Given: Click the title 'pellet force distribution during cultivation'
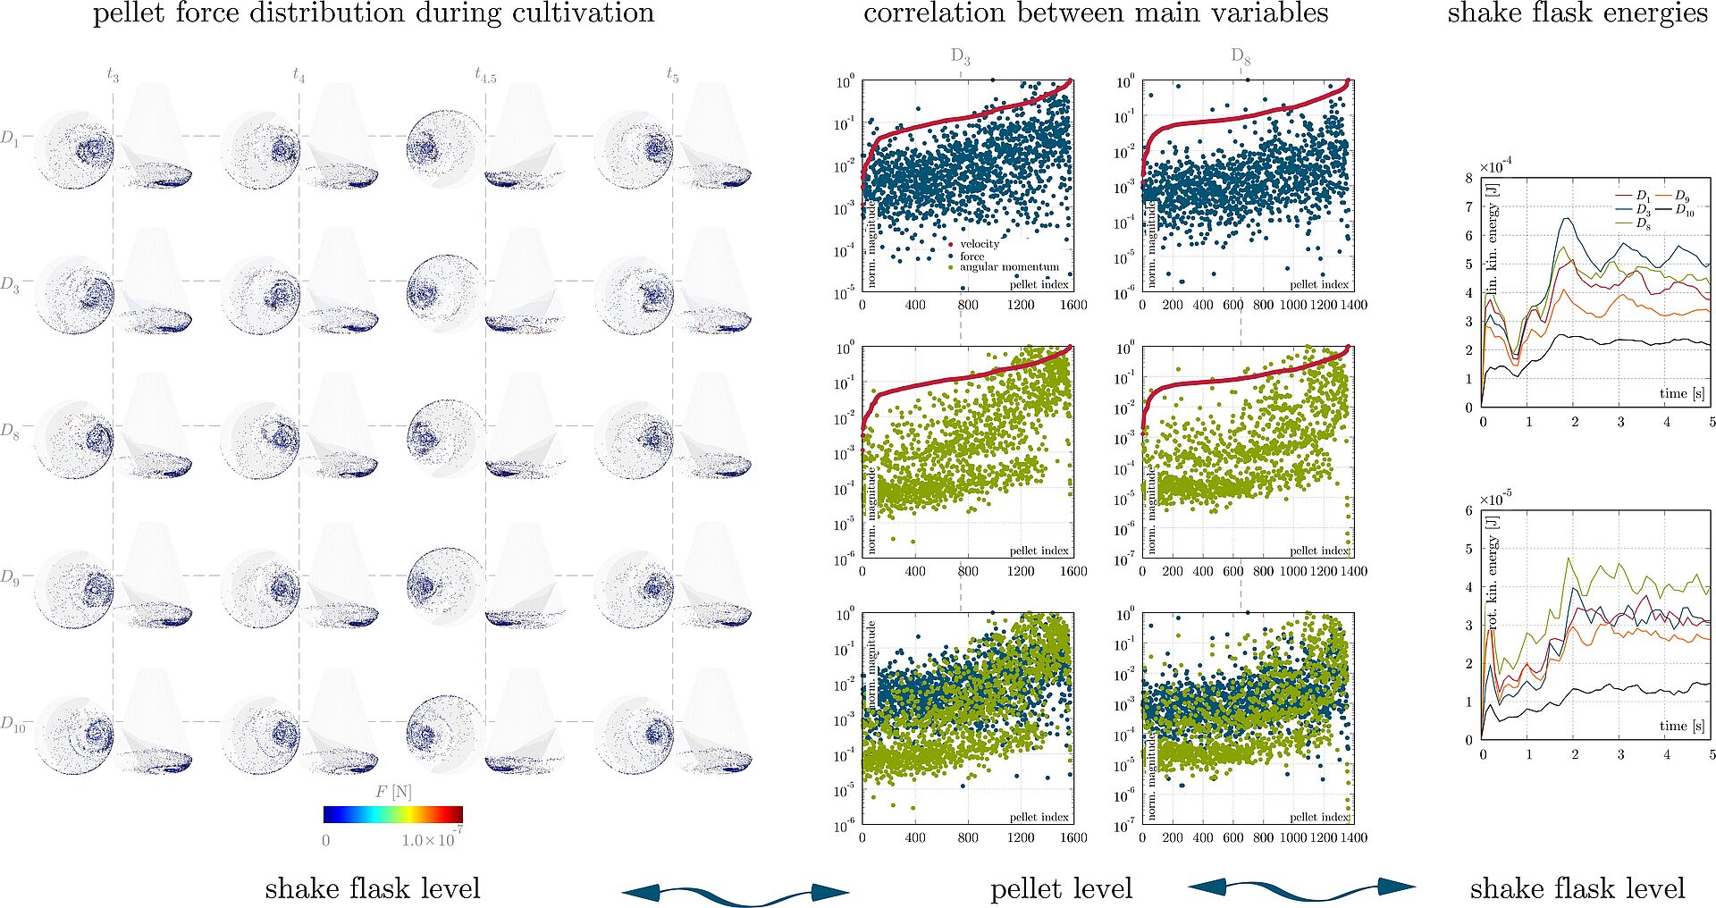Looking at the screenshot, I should [374, 13].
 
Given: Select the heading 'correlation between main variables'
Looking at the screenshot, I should [1096, 13].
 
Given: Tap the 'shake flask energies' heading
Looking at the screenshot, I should [1577, 13].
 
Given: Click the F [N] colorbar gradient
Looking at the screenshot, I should [393, 813].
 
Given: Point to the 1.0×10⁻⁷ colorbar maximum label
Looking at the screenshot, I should [432, 839].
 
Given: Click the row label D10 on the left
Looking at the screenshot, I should [13, 724].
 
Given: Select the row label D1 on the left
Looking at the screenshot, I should [10, 139].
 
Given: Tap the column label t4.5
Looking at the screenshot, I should [485, 75].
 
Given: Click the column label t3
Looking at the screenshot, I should [113, 75].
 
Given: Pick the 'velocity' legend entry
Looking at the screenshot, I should [980, 244].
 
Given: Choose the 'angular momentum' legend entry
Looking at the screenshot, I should [1009, 267].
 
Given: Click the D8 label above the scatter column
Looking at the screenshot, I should [1241, 57].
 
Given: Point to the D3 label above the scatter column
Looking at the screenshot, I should [961, 57].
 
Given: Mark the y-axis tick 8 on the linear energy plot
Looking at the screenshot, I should [1468, 178].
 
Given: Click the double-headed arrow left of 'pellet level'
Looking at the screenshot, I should [735, 892].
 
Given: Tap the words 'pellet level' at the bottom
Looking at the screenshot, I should [1061, 888].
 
